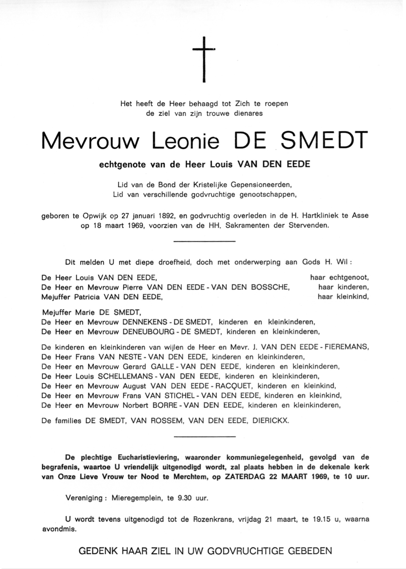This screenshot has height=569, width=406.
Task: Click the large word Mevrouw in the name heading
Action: click(x=90, y=141)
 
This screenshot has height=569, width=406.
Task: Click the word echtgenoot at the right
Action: click(x=349, y=278)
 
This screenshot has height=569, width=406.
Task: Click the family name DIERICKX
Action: click(x=270, y=421)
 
